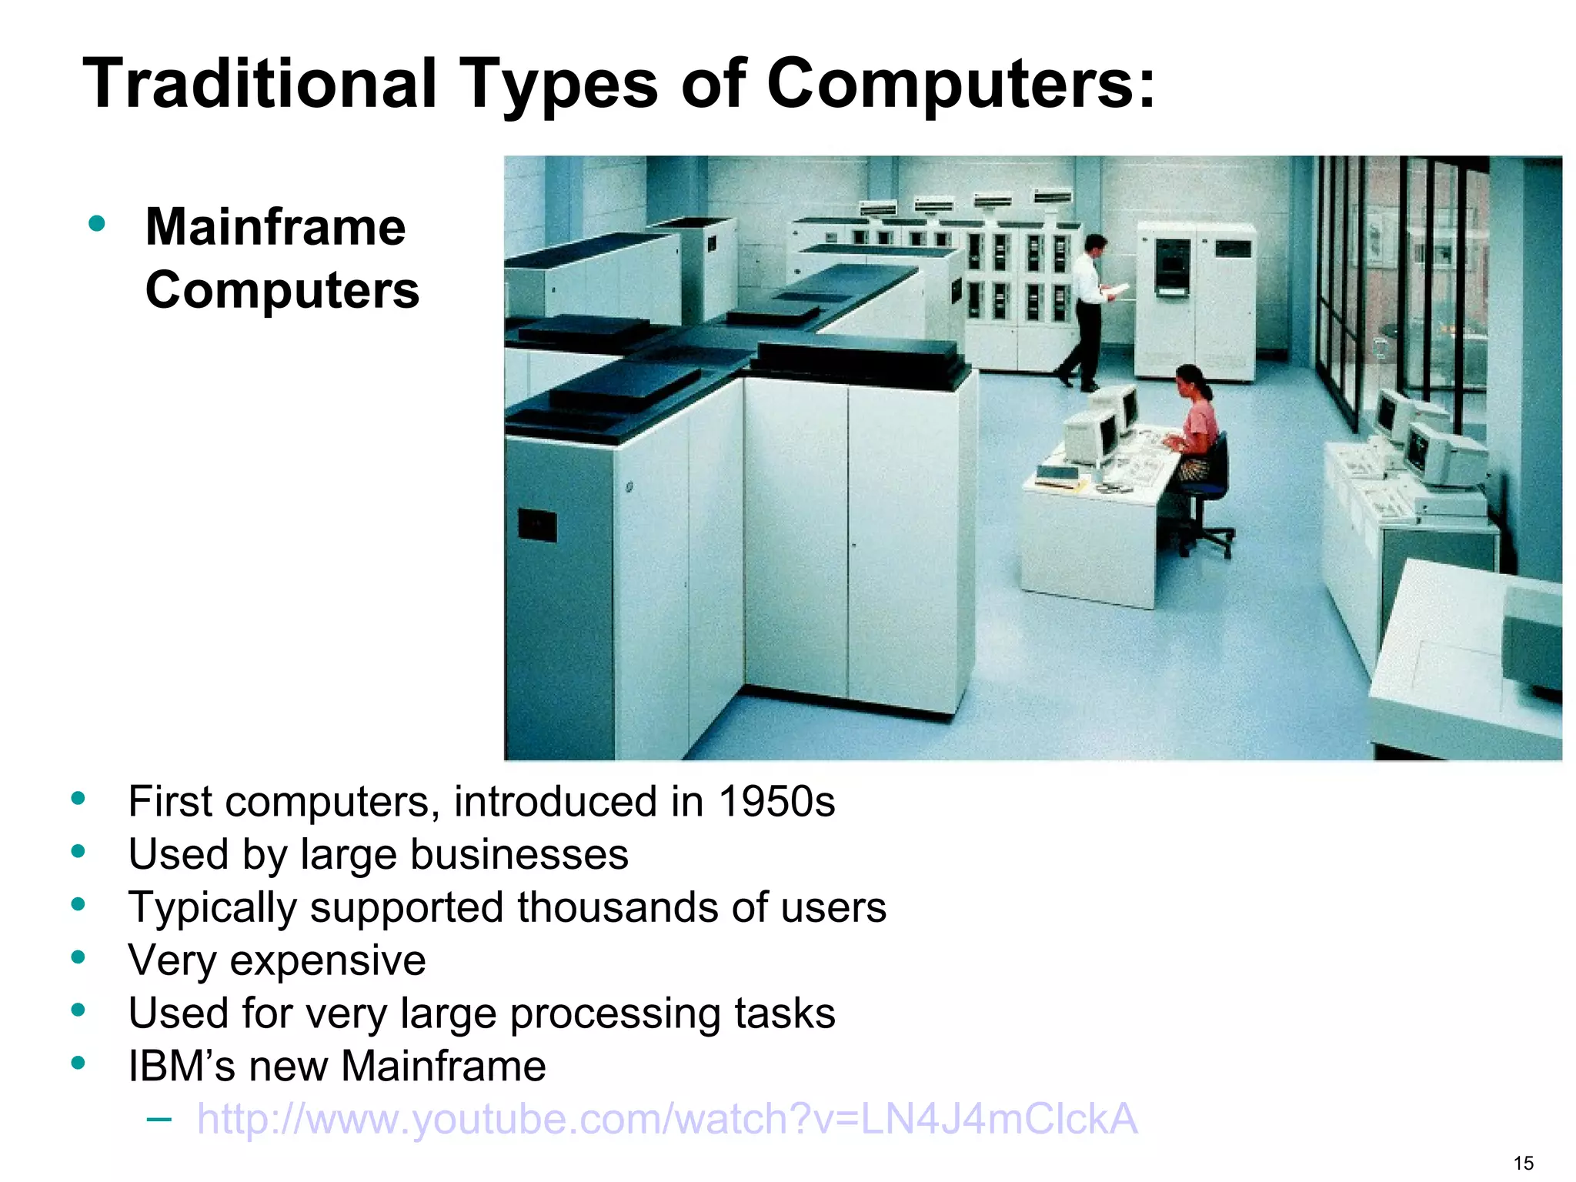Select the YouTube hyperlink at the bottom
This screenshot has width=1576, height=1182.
tap(666, 1118)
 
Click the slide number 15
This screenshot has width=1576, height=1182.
tap(1523, 1163)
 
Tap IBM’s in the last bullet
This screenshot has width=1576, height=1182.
tap(182, 1066)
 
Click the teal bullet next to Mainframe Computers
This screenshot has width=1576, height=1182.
tap(97, 224)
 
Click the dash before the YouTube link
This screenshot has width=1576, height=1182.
tap(159, 1118)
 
